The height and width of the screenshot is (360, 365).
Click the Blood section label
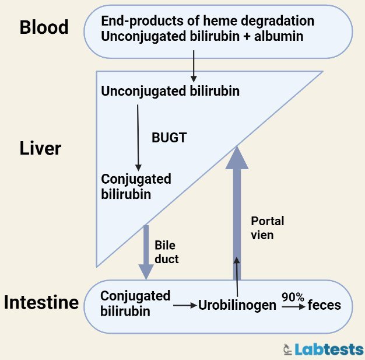[44, 27]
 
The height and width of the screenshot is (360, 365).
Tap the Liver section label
[40, 148]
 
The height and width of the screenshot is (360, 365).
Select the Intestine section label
[41, 302]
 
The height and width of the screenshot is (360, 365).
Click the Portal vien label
[267, 228]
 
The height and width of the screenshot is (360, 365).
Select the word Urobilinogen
[237, 305]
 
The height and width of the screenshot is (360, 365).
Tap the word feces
[324, 305]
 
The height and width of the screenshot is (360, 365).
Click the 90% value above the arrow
[293, 297]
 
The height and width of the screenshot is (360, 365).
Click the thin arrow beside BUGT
[138, 137]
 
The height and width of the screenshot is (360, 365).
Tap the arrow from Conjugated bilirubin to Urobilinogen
[185, 305]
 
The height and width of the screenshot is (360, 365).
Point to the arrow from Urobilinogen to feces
[293, 306]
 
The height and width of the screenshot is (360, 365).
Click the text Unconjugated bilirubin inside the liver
[170, 92]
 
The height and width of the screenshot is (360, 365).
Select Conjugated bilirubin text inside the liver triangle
[136, 186]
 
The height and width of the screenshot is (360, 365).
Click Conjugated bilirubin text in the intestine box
[135, 303]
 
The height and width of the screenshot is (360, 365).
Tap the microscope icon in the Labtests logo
[287, 349]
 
